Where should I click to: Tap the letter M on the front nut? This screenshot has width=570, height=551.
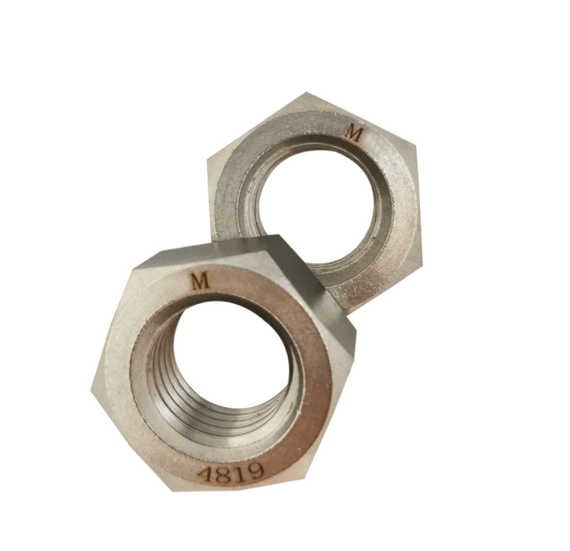200,281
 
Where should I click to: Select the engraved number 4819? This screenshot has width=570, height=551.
230,473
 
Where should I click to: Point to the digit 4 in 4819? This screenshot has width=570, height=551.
206,474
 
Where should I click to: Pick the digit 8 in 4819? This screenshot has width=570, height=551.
223,474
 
